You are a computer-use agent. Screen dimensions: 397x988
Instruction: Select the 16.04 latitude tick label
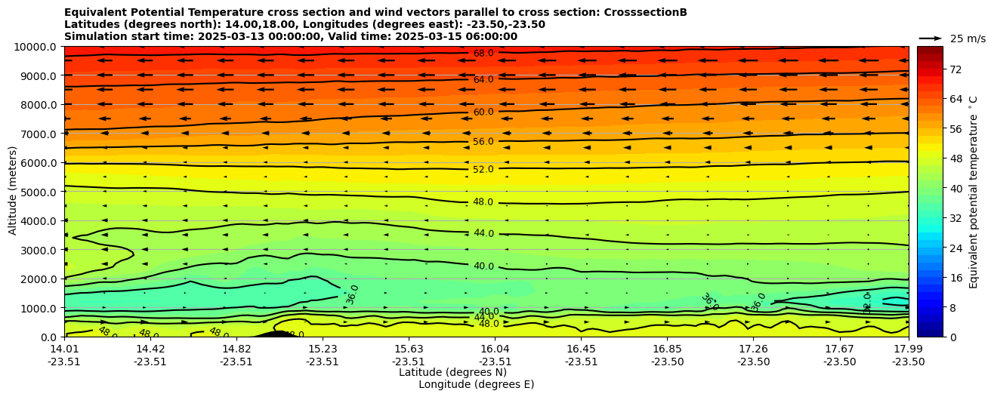tap(495, 349)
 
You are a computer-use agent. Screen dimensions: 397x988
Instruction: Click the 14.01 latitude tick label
tap(64, 349)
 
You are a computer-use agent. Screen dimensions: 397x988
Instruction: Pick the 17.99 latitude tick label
tap(908, 349)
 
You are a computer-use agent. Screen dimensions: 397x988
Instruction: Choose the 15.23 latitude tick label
tap(323, 349)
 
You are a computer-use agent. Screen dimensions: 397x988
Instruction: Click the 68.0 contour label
tap(483, 54)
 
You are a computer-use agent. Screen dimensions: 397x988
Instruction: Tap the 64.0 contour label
tap(483, 79)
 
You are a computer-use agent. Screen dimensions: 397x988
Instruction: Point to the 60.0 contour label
tap(483, 112)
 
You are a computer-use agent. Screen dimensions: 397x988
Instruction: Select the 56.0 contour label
tap(483, 141)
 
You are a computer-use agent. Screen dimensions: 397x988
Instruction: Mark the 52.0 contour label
tap(483, 170)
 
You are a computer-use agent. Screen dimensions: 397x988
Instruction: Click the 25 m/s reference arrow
tap(931, 38)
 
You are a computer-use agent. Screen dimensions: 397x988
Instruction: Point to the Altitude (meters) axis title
tap(13, 190)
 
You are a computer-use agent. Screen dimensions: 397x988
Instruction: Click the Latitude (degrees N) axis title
tap(452, 372)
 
